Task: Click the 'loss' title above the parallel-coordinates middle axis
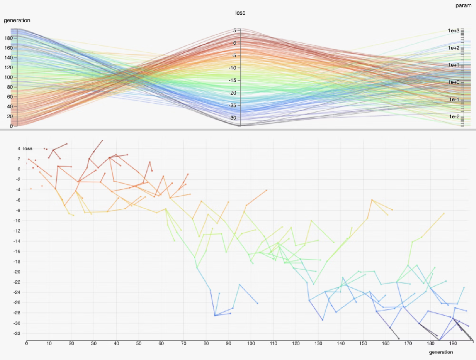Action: pyautogui.click(x=240, y=13)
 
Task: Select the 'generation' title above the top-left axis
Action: pyautogui.click(x=17, y=20)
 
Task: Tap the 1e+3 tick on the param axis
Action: pyautogui.click(x=453, y=31)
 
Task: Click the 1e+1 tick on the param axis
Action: pyautogui.click(x=453, y=65)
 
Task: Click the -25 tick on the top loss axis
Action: pyautogui.click(x=233, y=105)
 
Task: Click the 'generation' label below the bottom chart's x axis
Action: pyautogui.click(x=441, y=352)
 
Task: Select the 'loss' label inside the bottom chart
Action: pyautogui.click(x=28, y=149)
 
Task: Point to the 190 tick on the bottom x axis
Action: pyautogui.click(x=453, y=343)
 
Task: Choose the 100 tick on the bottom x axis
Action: pyautogui.click(x=251, y=343)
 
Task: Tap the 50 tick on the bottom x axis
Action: pyautogui.click(x=139, y=343)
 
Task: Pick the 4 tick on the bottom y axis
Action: pyautogui.click(x=19, y=148)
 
